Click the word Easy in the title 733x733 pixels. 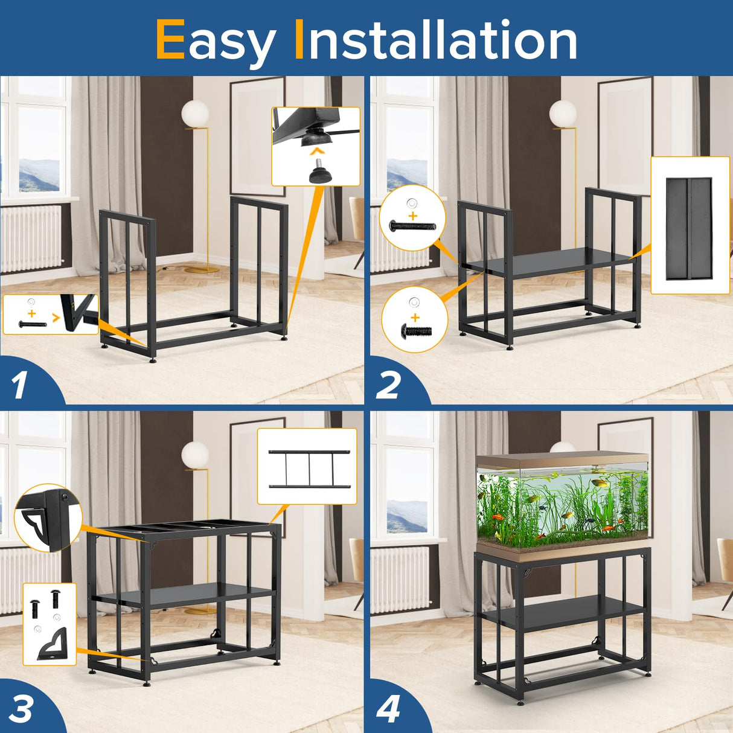(x=215, y=40)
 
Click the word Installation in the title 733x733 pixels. (x=435, y=40)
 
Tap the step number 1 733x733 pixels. (x=19, y=385)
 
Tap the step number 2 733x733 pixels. (x=388, y=385)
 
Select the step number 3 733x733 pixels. (x=21, y=709)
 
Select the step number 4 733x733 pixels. (x=388, y=709)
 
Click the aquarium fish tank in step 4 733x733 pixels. (x=563, y=502)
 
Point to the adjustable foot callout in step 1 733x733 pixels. (x=315, y=146)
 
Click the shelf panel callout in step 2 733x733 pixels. (x=690, y=226)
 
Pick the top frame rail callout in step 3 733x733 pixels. (x=307, y=467)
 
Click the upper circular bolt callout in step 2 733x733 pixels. (x=412, y=218)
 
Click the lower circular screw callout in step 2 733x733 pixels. (x=415, y=319)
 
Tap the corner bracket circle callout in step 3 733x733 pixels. (x=47, y=518)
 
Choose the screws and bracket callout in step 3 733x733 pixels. (x=50, y=624)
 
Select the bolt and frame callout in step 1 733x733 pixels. (x=50, y=315)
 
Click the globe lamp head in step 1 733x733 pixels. (x=195, y=114)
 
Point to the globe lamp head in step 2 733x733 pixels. (x=562, y=114)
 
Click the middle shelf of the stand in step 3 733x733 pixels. (x=184, y=596)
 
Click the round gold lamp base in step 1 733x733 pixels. (x=201, y=269)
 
